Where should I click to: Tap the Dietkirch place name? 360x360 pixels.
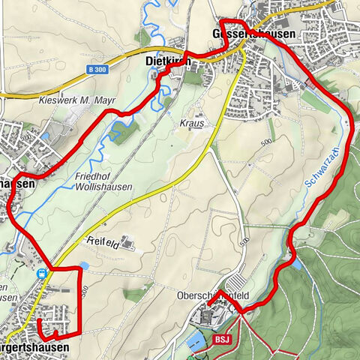[x=166, y=63]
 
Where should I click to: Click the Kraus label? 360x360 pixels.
[x=192, y=121]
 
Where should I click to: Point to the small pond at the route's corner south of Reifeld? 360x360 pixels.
[x=82, y=265]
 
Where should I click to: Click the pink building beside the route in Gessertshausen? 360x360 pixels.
[x=308, y=85]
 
